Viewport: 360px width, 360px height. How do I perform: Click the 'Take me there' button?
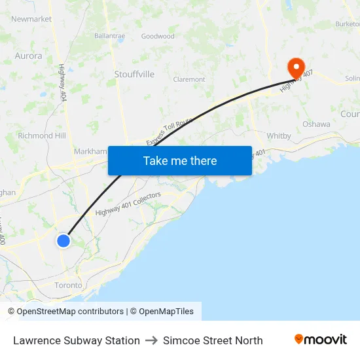[x=180, y=160]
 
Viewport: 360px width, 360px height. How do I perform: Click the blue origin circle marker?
[x=63, y=241]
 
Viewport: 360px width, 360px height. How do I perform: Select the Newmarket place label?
[x=31, y=19]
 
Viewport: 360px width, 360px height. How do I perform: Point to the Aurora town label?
[x=29, y=56]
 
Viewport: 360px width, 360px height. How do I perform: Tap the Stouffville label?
[x=134, y=74]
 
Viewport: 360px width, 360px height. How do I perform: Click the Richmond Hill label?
[x=42, y=135]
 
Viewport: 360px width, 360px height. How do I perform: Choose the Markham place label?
[x=90, y=151]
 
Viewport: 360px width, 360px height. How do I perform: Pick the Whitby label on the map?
[x=279, y=135]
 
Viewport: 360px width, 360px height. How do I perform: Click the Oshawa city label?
[x=315, y=124]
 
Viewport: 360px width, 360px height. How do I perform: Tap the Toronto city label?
[x=68, y=285]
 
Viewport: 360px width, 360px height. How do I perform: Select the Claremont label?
[x=189, y=79]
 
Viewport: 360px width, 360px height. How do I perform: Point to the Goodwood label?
[x=158, y=36]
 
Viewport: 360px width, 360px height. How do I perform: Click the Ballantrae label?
[x=109, y=36]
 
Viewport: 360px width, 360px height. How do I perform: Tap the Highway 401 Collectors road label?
[x=128, y=207]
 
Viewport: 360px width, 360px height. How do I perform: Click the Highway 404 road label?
[x=62, y=82]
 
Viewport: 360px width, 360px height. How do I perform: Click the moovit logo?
[x=321, y=340]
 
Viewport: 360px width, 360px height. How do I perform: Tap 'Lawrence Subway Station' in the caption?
[x=77, y=340]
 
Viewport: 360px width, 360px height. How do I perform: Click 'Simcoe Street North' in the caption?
[x=213, y=340]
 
